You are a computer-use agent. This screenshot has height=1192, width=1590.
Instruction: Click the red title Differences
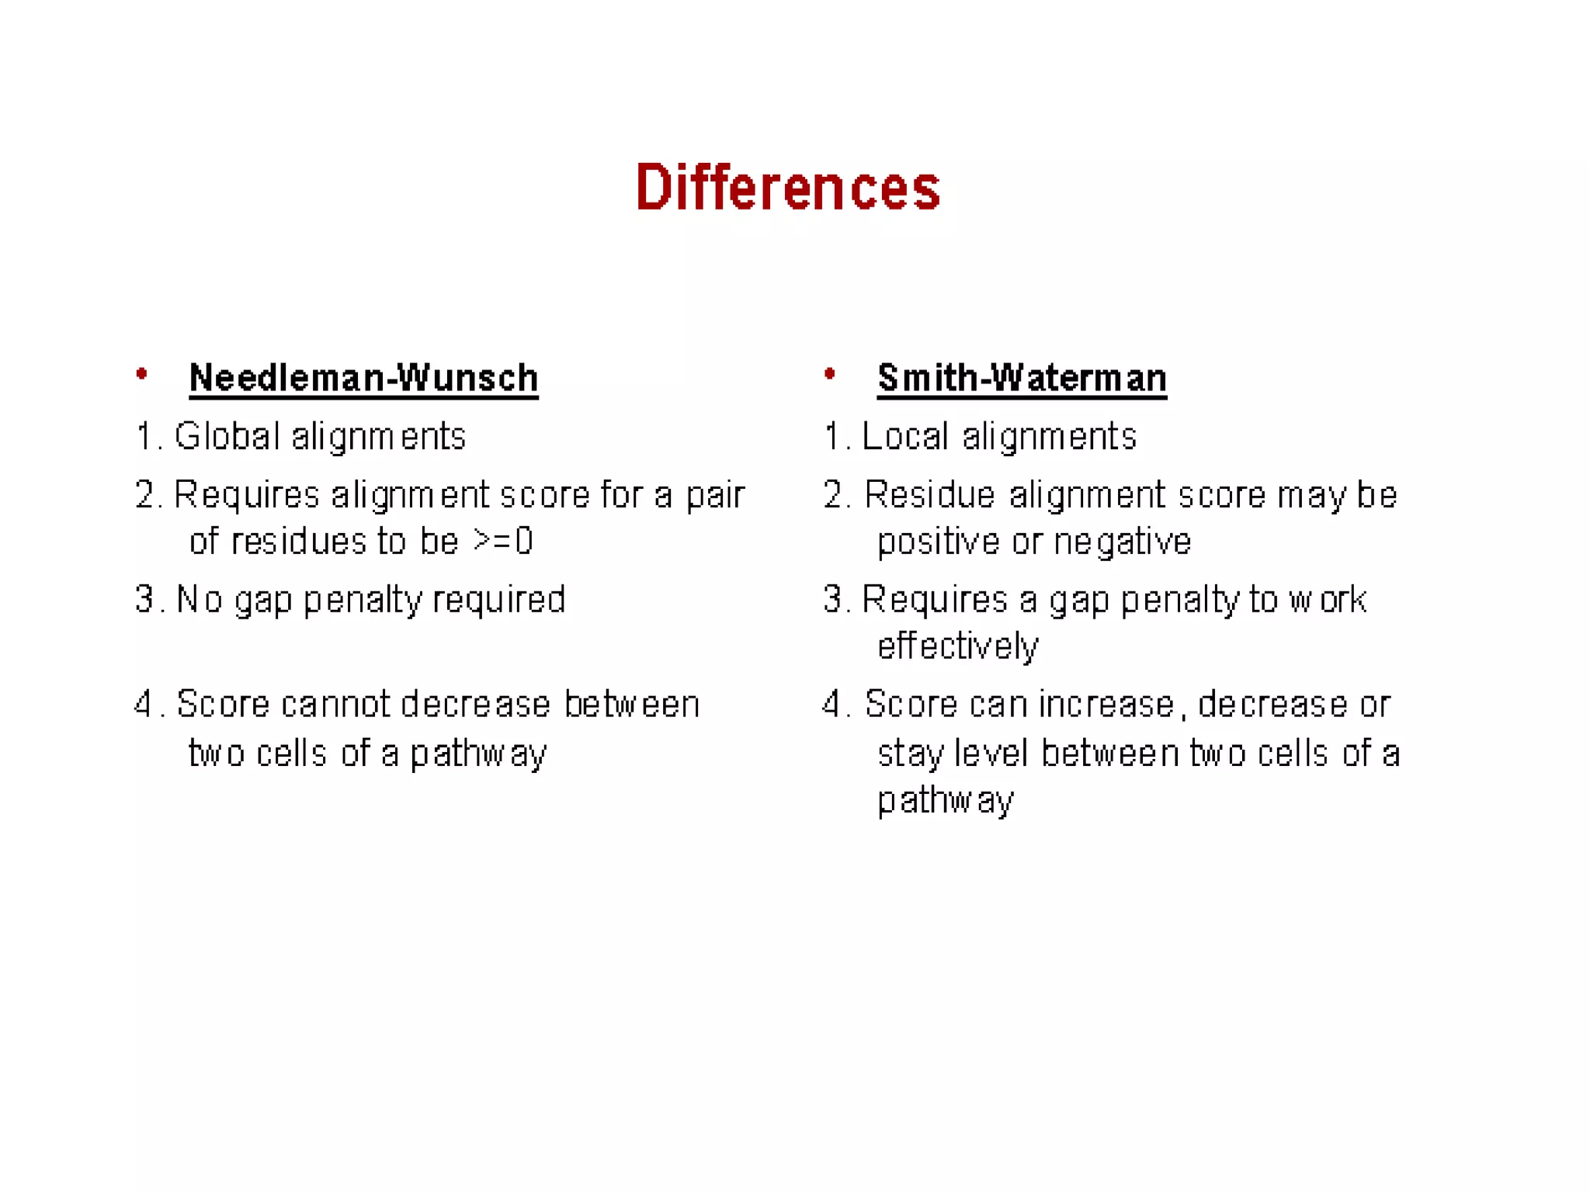tap(787, 188)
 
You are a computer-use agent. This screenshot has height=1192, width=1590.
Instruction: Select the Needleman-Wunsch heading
tap(363, 378)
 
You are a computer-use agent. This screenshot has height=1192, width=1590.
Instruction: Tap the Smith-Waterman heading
tap(1022, 378)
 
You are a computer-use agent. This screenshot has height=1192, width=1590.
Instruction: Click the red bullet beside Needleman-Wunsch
tap(141, 375)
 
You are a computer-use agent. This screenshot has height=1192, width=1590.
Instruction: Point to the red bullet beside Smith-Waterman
tap(829, 375)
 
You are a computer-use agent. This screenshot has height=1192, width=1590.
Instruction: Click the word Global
tap(227, 436)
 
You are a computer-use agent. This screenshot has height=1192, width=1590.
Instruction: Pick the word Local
tap(905, 436)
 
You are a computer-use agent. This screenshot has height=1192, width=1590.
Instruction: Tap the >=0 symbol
tap(503, 541)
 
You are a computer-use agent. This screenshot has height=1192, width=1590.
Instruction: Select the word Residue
tap(929, 494)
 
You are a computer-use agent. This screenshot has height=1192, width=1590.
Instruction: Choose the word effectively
tap(957, 646)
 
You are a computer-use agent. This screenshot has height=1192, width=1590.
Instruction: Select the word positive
tap(938, 542)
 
